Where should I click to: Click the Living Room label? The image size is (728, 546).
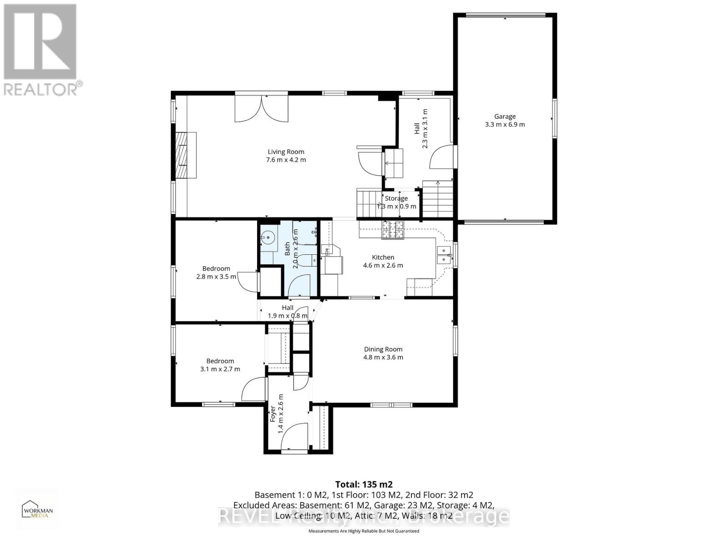pyautogui.click(x=286, y=152)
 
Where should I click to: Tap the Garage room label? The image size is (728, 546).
pyautogui.click(x=505, y=116)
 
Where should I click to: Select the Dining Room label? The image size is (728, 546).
pyautogui.click(x=383, y=349)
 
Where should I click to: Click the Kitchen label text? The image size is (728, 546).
pyautogui.click(x=383, y=258)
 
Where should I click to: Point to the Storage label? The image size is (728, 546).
pyautogui.click(x=396, y=198)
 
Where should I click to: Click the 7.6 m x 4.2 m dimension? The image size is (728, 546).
pyautogui.click(x=286, y=160)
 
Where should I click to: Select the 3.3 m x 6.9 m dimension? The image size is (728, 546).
pyautogui.click(x=505, y=125)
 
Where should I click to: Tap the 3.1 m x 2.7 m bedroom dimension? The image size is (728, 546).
pyautogui.click(x=220, y=369)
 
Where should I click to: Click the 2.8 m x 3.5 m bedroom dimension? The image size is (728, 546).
pyautogui.click(x=216, y=277)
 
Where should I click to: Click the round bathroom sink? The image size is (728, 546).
pyautogui.click(x=268, y=237)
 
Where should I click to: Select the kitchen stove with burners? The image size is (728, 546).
pyautogui.click(x=393, y=230)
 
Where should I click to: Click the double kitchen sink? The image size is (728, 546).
pyautogui.click(x=443, y=255)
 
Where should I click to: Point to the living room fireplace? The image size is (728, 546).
pyautogui.click(x=186, y=155)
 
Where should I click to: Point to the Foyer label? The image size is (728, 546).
pyautogui.click(x=273, y=414)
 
